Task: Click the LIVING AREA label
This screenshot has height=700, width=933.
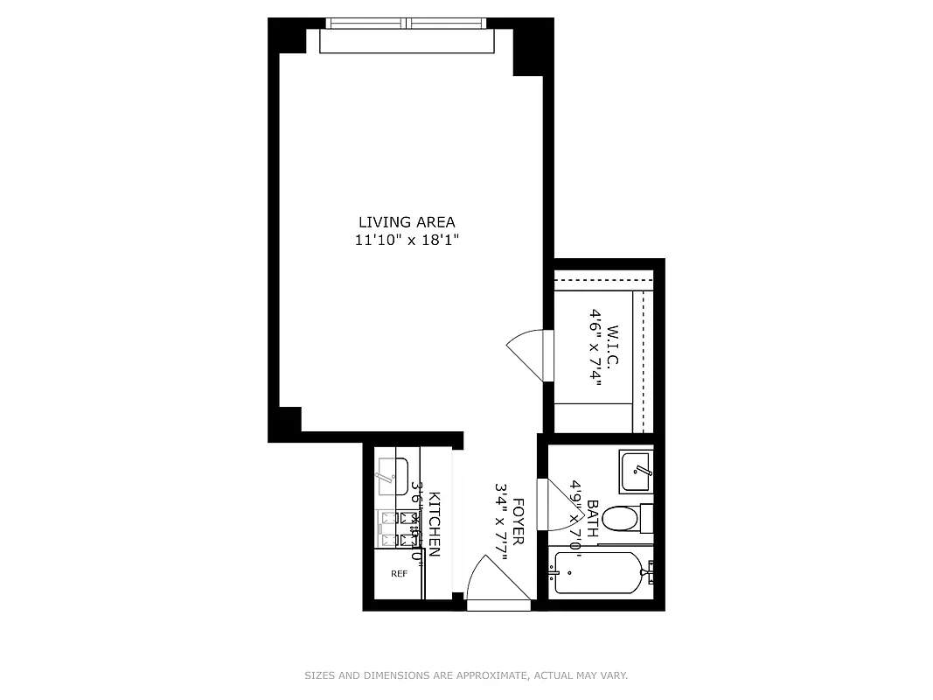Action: point(406,222)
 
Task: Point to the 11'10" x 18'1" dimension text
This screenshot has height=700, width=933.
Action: point(406,241)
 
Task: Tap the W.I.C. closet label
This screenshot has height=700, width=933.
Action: point(612,347)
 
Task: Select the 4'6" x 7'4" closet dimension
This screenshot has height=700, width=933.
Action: point(596,347)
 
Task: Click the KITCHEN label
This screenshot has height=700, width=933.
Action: point(434,524)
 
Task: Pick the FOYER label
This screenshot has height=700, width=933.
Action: point(518,522)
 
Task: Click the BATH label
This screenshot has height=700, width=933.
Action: point(593,518)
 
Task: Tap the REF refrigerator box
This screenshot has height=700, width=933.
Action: point(399,574)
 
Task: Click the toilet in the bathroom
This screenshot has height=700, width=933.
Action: point(623,520)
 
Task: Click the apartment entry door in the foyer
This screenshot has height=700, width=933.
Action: point(496,581)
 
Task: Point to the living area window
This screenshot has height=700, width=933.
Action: point(407,24)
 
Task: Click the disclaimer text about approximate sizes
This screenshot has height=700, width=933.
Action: point(466,675)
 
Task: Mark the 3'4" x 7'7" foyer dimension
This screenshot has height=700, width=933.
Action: point(502,522)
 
